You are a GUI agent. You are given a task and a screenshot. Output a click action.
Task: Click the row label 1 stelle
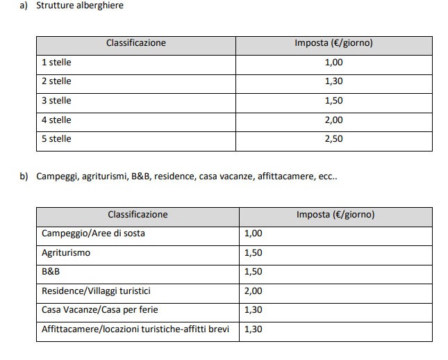point(56,63)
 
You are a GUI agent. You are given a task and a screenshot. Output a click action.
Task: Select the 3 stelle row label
point(56,101)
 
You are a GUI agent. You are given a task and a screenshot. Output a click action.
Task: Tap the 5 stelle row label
point(56,139)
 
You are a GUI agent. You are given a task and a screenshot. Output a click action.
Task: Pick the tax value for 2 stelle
point(333,81)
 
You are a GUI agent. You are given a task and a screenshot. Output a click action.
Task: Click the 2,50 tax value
point(333,139)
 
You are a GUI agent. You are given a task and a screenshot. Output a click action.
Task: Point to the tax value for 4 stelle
point(333,120)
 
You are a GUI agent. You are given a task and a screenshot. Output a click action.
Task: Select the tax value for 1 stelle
point(333,63)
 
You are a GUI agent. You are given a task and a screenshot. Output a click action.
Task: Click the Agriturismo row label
point(66,253)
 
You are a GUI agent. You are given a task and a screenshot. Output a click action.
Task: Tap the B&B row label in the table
point(51,272)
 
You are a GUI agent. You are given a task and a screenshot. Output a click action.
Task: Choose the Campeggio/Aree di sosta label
point(93,234)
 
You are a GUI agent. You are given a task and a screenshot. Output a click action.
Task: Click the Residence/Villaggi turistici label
point(96,291)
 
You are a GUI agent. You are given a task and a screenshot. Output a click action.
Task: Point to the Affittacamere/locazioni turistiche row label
point(135,329)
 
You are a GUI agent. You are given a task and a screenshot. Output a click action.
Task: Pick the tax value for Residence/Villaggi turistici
point(254,291)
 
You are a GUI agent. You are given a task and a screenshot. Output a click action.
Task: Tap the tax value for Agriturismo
point(254,253)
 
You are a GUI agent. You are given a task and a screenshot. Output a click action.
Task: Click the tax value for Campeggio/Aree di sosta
point(254,234)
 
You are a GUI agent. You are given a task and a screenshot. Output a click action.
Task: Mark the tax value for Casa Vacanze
point(254,310)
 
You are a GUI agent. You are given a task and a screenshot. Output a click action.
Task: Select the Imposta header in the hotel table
point(333,43)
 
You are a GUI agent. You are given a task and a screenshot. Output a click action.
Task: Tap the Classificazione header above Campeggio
point(138,215)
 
